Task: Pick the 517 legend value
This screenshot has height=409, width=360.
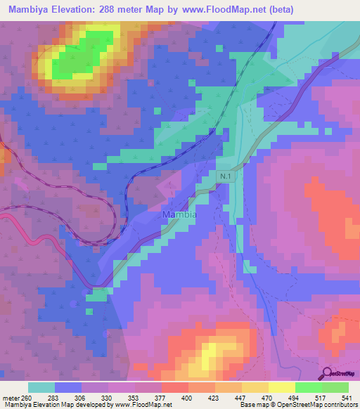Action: click(x=322, y=397)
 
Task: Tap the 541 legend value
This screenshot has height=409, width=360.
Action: click(x=348, y=397)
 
